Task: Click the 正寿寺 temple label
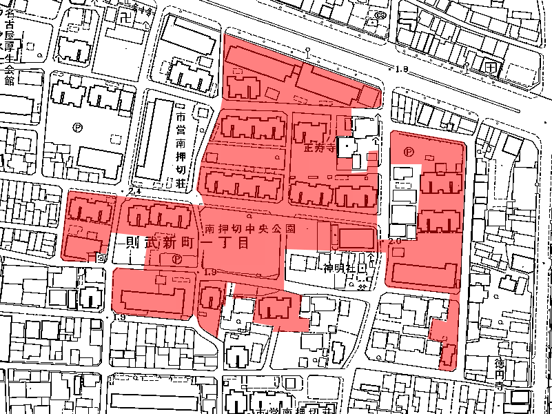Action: coord(319,147)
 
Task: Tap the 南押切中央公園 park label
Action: coord(250,228)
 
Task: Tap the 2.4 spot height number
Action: coord(134,190)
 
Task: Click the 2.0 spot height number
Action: coord(394,242)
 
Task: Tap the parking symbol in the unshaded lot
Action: coord(78,128)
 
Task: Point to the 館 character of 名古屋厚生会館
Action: coord(9,79)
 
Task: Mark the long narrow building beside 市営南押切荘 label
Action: coord(153,141)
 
